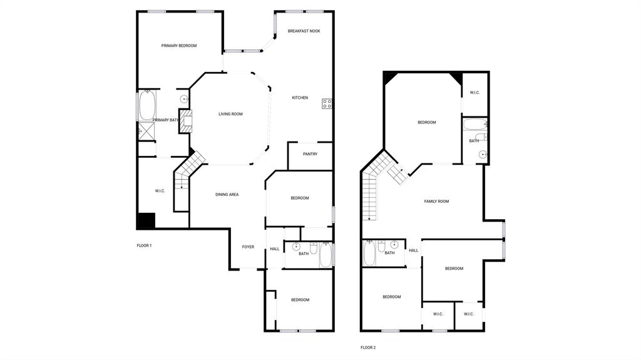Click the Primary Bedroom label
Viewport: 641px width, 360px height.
[x=179, y=46]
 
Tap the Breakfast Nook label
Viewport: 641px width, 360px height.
[x=304, y=31]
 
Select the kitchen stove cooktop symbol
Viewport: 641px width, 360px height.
[x=327, y=104]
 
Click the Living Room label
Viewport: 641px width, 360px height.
[x=230, y=114]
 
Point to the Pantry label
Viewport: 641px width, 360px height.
[x=310, y=154]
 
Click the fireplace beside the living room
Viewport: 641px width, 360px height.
[x=185, y=120]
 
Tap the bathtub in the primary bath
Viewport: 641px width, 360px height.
[x=147, y=106]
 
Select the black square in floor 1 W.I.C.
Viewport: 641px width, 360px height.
[x=146, y=221]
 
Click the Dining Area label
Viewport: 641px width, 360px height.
[x=227, y=195]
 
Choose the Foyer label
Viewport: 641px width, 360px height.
[x=249, y=247]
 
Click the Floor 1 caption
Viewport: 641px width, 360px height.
[x=144, y=245]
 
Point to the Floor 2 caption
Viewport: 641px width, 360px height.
[x=368, y=347]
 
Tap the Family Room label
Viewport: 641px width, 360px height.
[x=436, y=202]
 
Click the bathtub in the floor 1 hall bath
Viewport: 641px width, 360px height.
[x=326, y=255]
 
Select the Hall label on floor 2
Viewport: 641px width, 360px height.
[x=413, y=250]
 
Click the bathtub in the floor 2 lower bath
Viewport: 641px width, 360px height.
[x=369, y=254]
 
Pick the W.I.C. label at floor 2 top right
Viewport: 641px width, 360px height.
[x=474, y=93]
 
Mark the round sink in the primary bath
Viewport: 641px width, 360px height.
[x=185, y=99]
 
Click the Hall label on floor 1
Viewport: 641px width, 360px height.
[x=274, y=249]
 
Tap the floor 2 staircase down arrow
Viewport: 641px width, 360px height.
[x=369, y=217]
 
